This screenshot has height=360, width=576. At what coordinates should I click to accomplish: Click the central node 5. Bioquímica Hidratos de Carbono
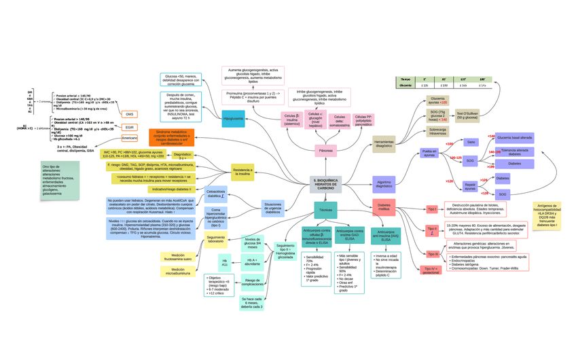coord(325,184)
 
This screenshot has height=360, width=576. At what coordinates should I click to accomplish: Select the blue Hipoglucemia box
coord(233,119)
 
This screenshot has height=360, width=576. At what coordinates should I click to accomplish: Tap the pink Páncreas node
coord(325,150)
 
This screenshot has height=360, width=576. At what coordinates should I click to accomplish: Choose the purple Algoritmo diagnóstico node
coord(384,183)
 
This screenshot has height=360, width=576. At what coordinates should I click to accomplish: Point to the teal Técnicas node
coord(325,210)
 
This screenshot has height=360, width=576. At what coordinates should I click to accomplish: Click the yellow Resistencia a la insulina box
coord(242,173)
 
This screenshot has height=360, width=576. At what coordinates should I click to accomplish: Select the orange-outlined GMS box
coord(129,114)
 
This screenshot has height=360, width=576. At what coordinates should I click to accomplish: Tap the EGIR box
coord(129,127)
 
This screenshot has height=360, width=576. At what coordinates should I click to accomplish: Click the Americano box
coord(129,138)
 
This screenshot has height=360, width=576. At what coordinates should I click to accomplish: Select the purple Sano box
coord(471,143)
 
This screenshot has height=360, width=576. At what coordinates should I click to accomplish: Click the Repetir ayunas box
coord(470,186)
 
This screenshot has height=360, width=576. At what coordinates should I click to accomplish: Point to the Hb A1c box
coord(225,262)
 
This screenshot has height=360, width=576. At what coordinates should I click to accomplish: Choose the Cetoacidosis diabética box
coord(215,194)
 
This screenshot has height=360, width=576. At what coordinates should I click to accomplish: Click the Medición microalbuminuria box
coord(178,272)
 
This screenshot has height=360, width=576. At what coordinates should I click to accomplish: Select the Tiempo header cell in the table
coord(406,79)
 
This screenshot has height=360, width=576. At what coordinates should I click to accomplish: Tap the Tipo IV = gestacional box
coord(431,270)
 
